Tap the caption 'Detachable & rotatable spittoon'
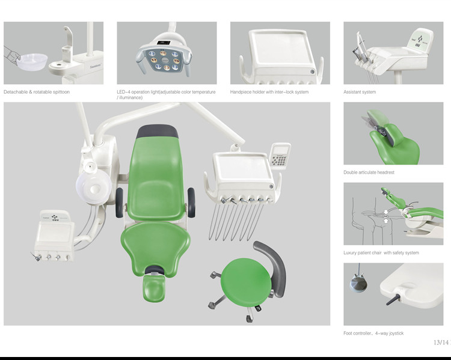tap(37, 92)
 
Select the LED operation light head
tap(164, 56)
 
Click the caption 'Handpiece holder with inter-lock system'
tap(269, 92)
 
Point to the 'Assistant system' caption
tap(360, 92)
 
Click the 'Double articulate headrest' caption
tap(369, 172)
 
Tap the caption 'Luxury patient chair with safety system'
tap(381, 253)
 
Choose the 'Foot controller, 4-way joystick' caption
tap(373, 334)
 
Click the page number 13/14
tap(441, 342)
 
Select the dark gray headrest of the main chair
tap(158, 132)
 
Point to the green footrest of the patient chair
tap(154, 288)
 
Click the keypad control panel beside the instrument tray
tap(280, 156)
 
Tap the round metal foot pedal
tap(358, 284)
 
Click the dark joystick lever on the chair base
tap(393, 299)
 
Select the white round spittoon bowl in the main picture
tap(94, 187)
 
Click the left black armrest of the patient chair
tap(120, 203)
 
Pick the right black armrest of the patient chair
tap(191, 203)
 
